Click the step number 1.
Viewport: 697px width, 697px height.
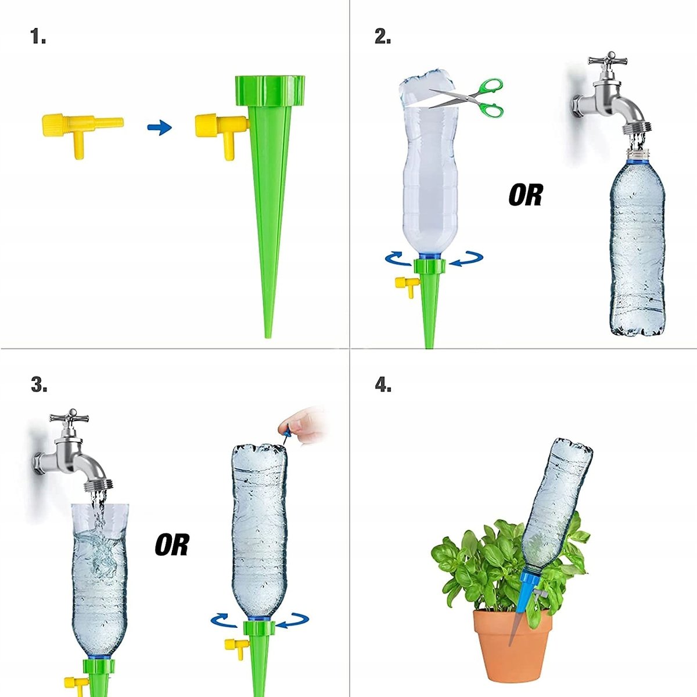(38, 37)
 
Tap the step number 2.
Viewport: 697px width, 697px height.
(382, 37)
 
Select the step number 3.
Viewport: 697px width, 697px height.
(39, 385)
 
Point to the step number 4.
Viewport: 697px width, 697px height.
(383, 385)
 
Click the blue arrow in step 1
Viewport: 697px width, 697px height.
(160, 128)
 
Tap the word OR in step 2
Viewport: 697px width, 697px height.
(526, 195)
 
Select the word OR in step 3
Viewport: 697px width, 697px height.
(172, 545)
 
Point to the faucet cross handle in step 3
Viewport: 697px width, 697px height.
(72, 418)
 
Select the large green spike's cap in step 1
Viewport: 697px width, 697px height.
(270, 91)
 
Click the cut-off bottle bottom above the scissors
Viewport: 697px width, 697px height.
(427, 87)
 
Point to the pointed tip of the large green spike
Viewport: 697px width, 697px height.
(267, 337)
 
